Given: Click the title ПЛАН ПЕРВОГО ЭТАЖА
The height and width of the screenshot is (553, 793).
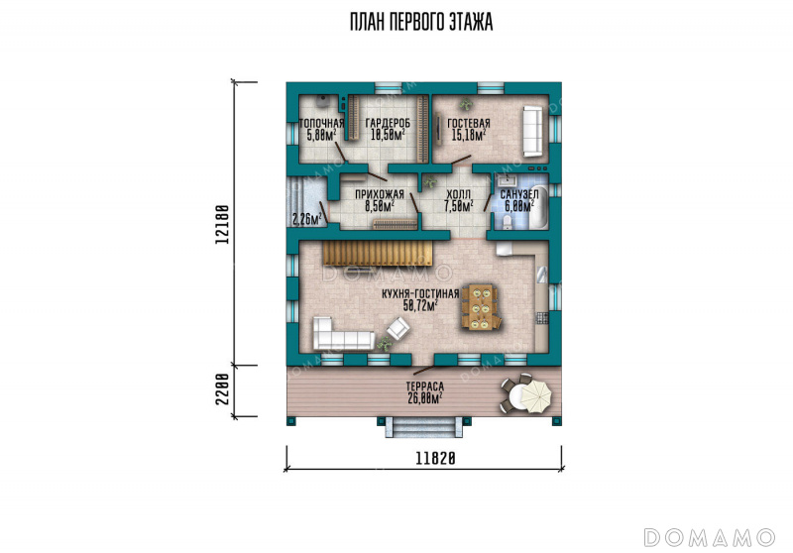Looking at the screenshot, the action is coord(421,22).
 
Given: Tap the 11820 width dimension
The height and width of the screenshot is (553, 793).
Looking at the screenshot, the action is coord(435,459).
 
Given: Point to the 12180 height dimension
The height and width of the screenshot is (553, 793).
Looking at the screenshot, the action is coord(221,224).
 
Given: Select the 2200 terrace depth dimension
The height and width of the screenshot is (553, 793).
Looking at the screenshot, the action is coord(221,389).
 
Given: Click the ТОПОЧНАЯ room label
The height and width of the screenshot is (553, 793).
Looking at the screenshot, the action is coord(321,123).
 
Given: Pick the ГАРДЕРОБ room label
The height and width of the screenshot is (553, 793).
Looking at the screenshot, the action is coord(388,123).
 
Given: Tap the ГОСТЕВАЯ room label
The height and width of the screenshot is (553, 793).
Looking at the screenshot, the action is coord(469,123).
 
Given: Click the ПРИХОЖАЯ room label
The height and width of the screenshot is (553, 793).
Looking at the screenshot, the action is coord(380,194).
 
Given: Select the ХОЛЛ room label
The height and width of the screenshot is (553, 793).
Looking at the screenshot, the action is coord(459,194).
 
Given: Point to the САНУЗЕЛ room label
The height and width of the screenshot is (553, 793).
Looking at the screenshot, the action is coord(519,194).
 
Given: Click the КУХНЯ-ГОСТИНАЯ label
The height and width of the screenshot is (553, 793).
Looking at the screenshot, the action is coord(420,293).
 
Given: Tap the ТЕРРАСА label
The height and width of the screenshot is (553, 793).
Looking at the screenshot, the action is coord(425,387).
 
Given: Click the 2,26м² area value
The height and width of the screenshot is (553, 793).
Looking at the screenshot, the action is coord(307,219).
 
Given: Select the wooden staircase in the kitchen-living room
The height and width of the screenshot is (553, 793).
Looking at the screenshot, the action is coord(378,253).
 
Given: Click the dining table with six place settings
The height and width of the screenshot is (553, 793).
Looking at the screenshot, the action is coord(480,307).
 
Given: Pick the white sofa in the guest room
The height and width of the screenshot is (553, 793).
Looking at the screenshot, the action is coord(532,131).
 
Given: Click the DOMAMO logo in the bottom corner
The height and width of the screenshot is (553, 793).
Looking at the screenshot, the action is coord(710,538).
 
